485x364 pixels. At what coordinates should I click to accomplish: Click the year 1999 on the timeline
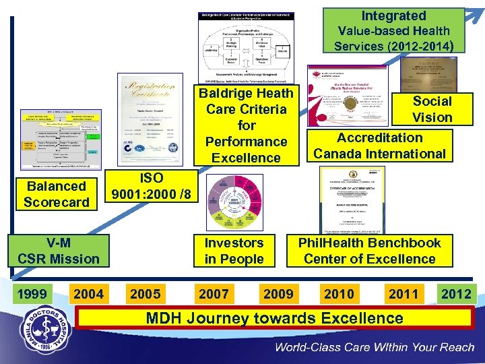coord(32,294)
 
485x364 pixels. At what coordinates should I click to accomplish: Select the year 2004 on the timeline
coord(88,294)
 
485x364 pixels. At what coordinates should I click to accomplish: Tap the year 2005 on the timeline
coord(145,294)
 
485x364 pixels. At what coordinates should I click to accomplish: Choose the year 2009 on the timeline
coord(278,294)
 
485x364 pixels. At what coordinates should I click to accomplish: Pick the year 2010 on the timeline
coord(338,294)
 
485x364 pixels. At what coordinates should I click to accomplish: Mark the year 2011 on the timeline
coord(403,294)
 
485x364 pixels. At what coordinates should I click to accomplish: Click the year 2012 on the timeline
coord(457,294)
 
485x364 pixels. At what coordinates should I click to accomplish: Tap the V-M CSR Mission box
coord(59,251)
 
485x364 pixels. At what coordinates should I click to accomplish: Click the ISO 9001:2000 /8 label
coord(152,186)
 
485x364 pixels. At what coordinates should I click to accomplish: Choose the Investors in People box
coord(234,251)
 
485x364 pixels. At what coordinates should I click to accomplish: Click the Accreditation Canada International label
coord(380,146)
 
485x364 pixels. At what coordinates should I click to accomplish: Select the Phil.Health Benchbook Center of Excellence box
coord(370,251)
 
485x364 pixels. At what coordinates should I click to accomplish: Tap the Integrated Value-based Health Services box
coord(393,31)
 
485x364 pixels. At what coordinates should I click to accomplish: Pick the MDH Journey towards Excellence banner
coord(274,319)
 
